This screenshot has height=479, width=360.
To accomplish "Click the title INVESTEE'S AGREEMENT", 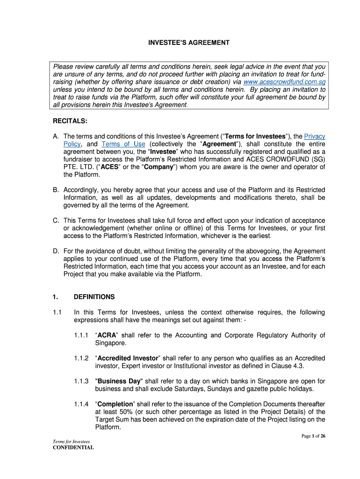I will (x=189, y=43).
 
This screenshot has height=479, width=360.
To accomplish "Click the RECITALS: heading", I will (x=70, y=121).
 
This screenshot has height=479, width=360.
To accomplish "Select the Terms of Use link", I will (x=123, y=144).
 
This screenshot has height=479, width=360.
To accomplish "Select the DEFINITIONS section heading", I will (x=94, y=297).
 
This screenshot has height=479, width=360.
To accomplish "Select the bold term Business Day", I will (x=118, y=381).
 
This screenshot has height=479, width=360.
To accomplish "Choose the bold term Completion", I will (x=115, y=404).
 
